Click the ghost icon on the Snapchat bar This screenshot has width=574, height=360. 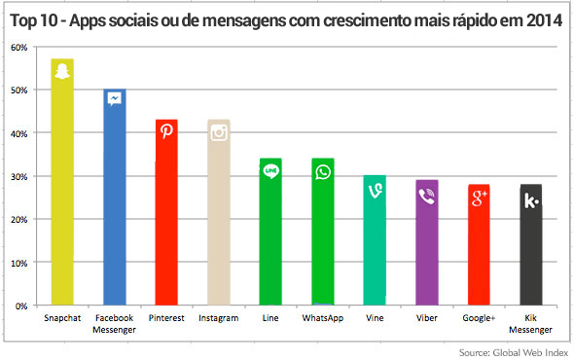click(x=62, y=73)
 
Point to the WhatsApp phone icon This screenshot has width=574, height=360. click(x=323, y=171)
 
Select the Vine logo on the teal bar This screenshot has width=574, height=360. click(x=375, y=189)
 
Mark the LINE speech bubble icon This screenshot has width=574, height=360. click(x=271, y=171)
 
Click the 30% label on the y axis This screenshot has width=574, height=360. click(x=18, y=176)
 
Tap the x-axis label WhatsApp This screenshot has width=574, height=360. click(x=323, y=318)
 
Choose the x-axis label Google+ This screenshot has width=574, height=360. click(x=479, y=318)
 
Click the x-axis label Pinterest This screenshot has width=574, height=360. click(x=166, y=318)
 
